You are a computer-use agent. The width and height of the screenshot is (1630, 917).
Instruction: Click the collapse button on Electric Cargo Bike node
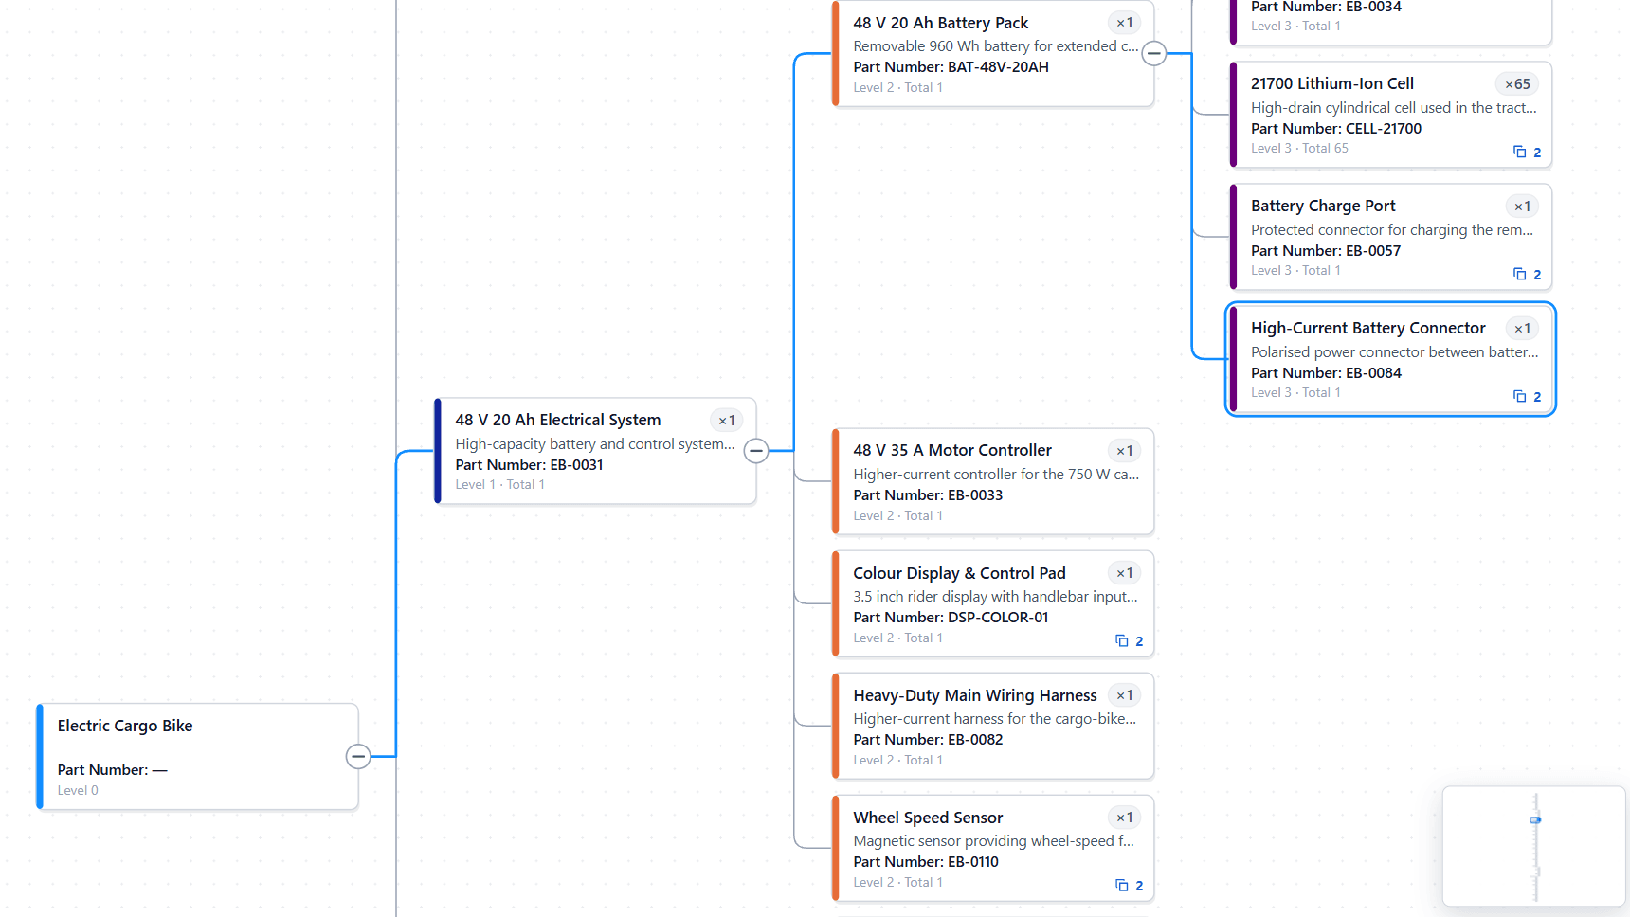pyautogui.click(x=358, y=756)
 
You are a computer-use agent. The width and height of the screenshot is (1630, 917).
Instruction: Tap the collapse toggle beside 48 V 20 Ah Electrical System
pyautogui.click(x=756, y=451)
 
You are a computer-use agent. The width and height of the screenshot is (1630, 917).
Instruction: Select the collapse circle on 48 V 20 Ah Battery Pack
pyautogui.click(x=1154, y=53)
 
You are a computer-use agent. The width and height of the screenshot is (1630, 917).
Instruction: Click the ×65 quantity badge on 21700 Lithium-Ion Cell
pyautogui.click(x=1517, y=84)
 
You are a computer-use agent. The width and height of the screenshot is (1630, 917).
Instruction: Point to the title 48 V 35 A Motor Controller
pyautogui.click(x=952, y=450)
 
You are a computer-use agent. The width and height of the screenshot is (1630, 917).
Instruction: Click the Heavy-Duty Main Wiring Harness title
pyautogui.click(x=975, y=695)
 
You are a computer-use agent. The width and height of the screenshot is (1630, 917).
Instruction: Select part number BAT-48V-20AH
pyautogui.click(x=998, y=67)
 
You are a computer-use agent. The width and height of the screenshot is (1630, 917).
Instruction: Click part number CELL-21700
pyautogui.click(x=1384, y=129)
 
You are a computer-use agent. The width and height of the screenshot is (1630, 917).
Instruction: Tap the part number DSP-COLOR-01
pyautogui.click(x=998, y=618)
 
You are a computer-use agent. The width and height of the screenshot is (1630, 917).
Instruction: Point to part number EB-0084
pyautogui.click(x=1373, y=373)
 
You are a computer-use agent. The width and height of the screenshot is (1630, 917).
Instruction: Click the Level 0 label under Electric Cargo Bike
pyautogui.click(x=78, y=790)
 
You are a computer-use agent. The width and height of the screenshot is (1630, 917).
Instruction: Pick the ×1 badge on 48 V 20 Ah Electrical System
pyautogui.click(x=727, y=421)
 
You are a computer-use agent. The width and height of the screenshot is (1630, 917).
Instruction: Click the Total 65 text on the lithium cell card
pyautogui.click(x=1325, y=148)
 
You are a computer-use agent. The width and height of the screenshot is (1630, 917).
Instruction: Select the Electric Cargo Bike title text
pyautogui.click(x=125, y=726)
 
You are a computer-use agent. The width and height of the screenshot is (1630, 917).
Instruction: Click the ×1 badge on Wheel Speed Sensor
pyautogui.click(x=1125, y=818)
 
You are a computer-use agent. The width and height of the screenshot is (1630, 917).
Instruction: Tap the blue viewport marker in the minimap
pyautogui.click(x=1535, y=819)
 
